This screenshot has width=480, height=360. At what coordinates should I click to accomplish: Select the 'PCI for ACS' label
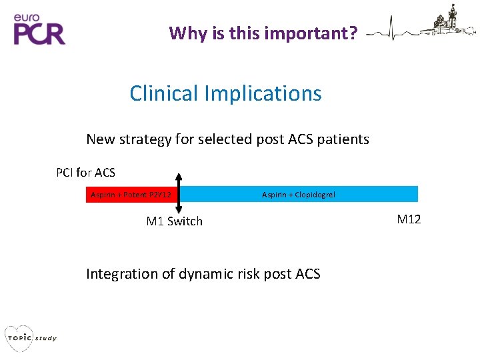tap(85, 173)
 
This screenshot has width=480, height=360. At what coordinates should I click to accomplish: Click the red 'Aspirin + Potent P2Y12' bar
tap(131, 195)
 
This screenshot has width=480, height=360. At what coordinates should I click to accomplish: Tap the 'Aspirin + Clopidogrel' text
tap(299, 195)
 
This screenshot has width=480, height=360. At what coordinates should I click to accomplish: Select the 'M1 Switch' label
tap(174, 221)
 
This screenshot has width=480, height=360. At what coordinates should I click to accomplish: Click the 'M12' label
tap(409, 219)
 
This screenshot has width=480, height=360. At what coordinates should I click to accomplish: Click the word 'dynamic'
tap(204, 274)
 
